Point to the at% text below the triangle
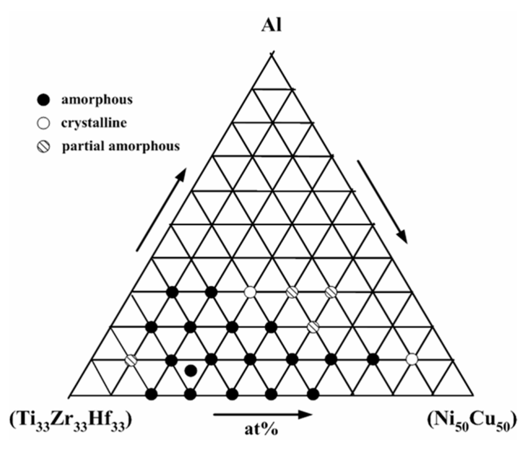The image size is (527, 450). (x=261, y=428)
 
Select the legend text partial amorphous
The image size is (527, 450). (x=120, y=146)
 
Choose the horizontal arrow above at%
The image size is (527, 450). (x=262, y=414)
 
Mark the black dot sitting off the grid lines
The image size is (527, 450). (x=191, y=370)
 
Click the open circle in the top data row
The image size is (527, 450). (x=250, y=292)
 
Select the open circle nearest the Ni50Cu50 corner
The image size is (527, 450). (x=411, y=359)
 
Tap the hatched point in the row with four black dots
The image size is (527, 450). (x=312, y=326)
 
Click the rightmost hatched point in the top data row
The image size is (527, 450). (x=331, y=292)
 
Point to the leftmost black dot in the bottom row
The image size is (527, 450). (x=151, y=394)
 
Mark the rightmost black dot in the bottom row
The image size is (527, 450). (x=313, y=394)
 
